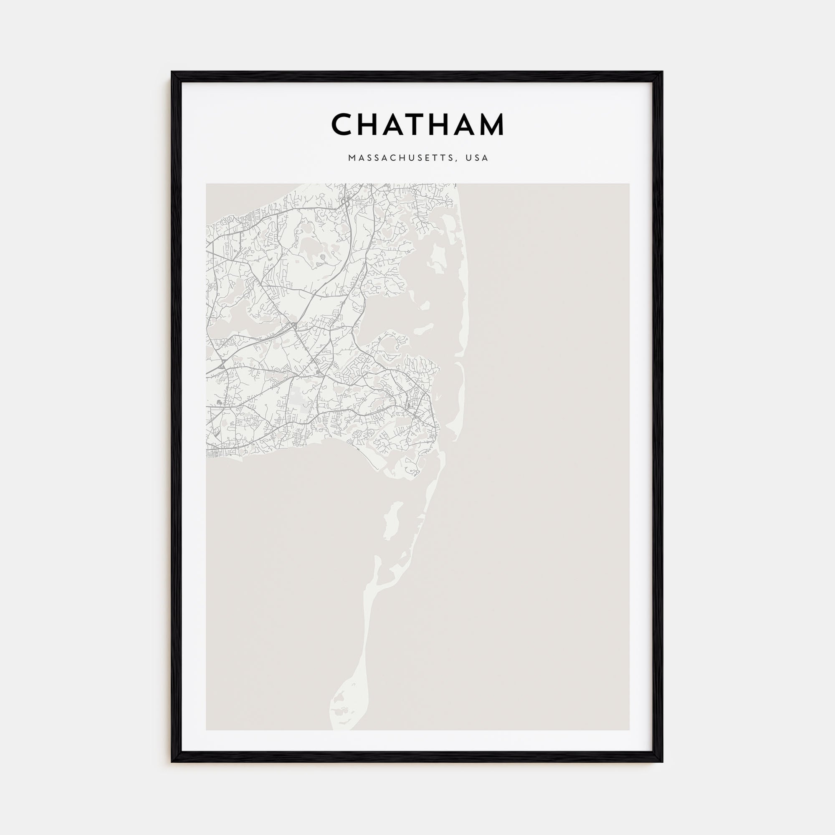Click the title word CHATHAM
(x=417, y=124)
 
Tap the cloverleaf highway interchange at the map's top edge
(x=345, y=200)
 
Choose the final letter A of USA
(x=486, y=158)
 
